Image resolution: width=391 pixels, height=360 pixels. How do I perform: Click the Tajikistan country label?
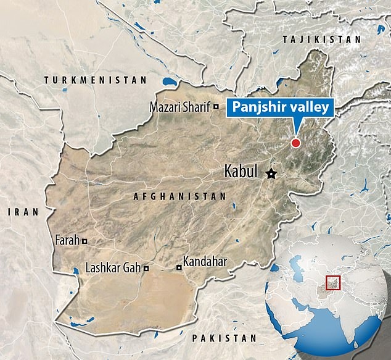pos(320,38)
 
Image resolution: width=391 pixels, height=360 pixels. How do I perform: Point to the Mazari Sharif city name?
pos(180,107)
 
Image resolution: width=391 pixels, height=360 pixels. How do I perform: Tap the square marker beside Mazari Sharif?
pos(216,107)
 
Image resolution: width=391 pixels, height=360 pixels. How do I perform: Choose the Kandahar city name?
pos(206,262)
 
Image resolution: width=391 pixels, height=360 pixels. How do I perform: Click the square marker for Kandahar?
pos(179,267)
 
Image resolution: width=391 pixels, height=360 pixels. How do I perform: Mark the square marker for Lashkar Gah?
pos(146,269)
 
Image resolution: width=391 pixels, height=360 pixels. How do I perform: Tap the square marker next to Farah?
pos(84,241)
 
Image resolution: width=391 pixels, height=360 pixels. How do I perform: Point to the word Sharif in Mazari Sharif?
pos(196,107)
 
